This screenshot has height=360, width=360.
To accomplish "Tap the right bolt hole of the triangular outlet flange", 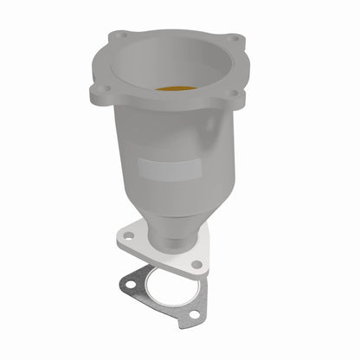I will click(x=197, y=264).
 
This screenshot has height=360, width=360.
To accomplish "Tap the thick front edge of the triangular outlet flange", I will click(x=164, y=260).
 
